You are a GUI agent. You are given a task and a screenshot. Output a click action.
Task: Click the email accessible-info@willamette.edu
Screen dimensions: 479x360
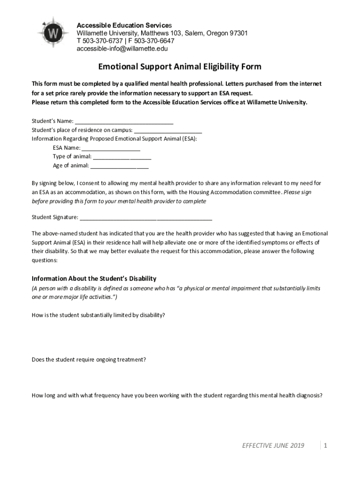pos(122,48)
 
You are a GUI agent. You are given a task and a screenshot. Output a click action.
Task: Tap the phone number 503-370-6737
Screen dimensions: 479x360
pos(102,41)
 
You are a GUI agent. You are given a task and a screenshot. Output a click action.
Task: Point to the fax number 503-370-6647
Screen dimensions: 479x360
pos(153,41)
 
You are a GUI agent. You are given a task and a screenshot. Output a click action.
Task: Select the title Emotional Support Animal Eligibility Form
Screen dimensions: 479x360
pos(179,67)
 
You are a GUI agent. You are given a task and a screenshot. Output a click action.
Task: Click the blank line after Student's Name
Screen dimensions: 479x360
pos(124,121)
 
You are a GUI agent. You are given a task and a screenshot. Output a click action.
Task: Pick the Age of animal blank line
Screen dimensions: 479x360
pos(120,166)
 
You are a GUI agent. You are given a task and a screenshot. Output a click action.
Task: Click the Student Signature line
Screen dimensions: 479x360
pos(146,217)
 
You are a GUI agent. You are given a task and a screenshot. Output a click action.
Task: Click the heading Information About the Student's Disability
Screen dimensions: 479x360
pos(94,278)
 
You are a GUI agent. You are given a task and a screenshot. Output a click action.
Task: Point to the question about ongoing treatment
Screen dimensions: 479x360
pos(89,360)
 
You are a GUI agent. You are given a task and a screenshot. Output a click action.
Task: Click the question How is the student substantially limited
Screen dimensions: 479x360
pos(98,315)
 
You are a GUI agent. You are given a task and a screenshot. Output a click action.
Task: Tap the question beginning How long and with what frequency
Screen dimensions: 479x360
pos(177,395)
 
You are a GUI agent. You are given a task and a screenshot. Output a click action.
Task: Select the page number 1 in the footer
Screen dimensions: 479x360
pos(324,445)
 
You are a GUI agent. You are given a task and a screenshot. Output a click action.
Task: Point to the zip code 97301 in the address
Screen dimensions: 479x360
pos(237,33)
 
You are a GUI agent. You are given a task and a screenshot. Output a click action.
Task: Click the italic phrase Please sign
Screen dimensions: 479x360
pos(297,192)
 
